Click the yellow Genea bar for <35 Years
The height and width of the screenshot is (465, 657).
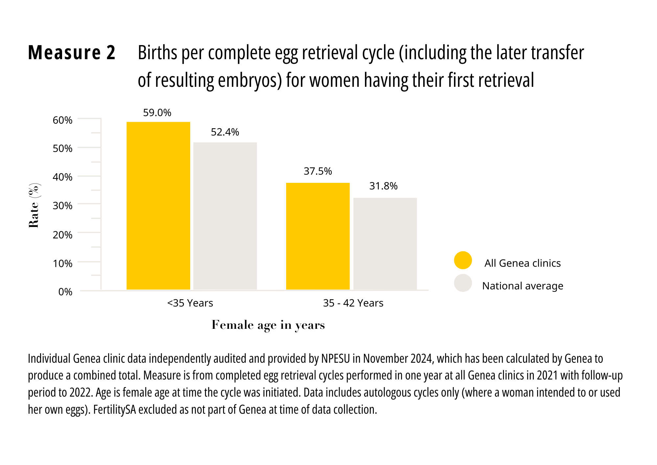[x=158, y=206]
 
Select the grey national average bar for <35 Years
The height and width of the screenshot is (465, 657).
[x=225, y=216]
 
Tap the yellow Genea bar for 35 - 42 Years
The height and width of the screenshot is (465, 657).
[x=318, y=236]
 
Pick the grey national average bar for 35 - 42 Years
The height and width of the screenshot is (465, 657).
[x=385, y=243]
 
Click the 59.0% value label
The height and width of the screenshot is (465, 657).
[x=157, y=113]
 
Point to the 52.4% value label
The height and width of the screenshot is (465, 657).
[x=225, y=132]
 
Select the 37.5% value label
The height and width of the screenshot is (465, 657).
[x=318, y=171]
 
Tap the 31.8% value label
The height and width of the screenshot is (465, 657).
[x=383, y=186]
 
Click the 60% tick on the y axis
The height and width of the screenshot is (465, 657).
[x=62, y=120]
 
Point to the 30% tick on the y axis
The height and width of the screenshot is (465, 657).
[x=62, y=206]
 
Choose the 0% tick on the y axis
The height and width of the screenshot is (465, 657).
[x=65, y=292]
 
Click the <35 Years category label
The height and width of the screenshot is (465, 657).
[x=190, y=303]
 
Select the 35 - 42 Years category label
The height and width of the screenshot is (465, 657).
[x=353, y=303]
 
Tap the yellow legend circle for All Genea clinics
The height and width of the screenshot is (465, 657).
[x=463, y=260]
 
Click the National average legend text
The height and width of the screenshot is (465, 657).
[x=522, y=286]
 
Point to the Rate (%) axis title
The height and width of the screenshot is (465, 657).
[x=34, y=206]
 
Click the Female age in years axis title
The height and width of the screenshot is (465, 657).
[x=268, y=325]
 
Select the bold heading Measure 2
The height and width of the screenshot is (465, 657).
[x=72, y=53]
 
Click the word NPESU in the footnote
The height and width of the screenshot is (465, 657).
[x=335, y=358]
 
